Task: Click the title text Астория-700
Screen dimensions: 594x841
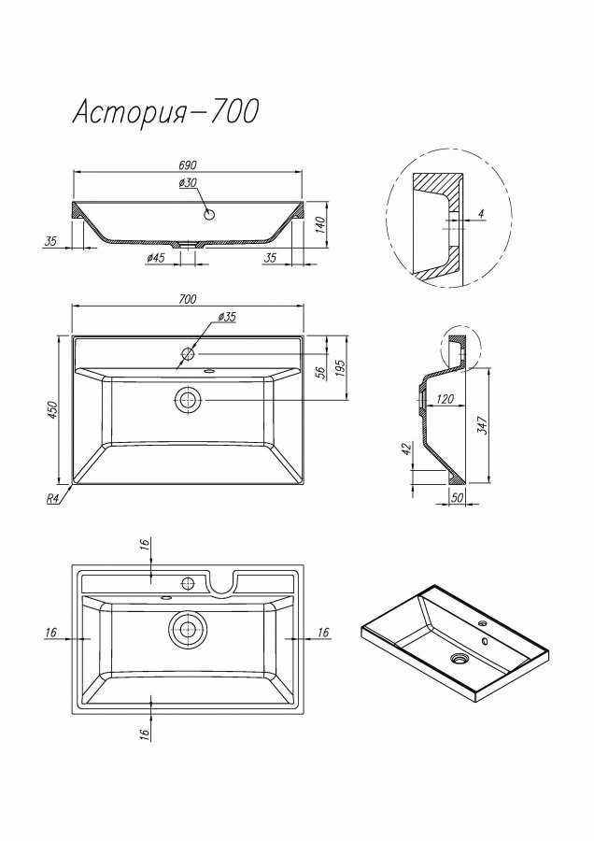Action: pyautogui.click(x=165, y=112)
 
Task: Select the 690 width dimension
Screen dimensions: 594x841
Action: pyautogui.click(x=188, y=164)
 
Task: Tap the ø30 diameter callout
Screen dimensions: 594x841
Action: pyautogui.click(x=188, y=183)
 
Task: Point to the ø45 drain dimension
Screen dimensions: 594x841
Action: pyautogui.click(x=154, y=259)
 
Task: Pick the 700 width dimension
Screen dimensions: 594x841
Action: pyautogui.click(x=188, y=299)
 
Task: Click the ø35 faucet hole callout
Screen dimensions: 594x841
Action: pyautogui.click(x=227, y=317)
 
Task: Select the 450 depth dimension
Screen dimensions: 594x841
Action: pyautogui.click(x=52, y=410)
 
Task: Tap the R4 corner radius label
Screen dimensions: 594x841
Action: pyautogui.click(x=52, y=498)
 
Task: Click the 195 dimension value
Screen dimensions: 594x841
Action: pyautogui.click(x=341, y=367)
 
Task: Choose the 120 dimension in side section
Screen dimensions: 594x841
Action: pyautogui.click(x=445, y=398)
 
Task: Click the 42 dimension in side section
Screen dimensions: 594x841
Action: pyautogui.click(x=407, y=449)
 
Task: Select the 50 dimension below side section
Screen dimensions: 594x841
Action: pyautogui.click(x=457, y=498)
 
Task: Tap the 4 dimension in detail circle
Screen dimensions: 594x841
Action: pyautogui.click(x=480, y=213)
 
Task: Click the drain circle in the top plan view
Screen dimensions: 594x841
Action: pyautogui.click(x=188, y=400)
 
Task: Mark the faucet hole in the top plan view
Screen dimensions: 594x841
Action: pyautogui.click(x=188, y=354)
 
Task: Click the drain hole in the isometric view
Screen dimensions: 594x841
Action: pyautogui.click(x=460, y=658)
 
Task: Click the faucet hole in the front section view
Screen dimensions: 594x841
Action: pyautogui.click(x=209, y=215)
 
